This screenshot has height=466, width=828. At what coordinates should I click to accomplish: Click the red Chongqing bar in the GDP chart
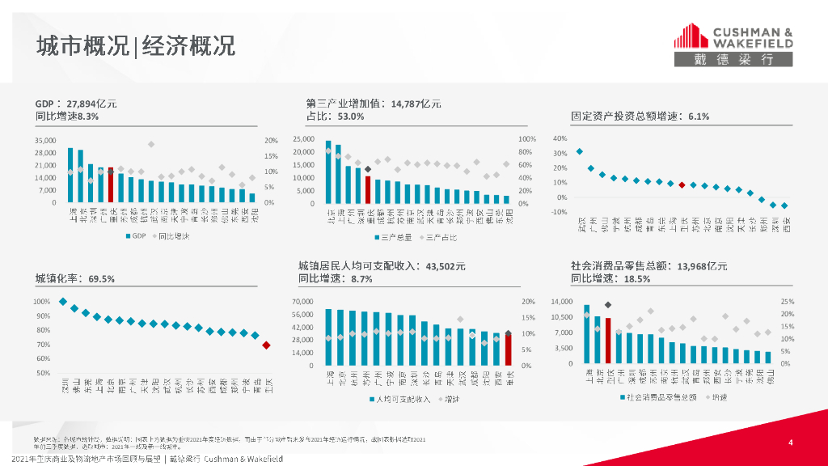[x=111, y=185]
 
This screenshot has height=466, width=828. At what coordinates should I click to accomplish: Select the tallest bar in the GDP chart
[x=70, y=175]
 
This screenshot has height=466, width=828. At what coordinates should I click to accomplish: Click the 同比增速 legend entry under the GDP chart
[x=170, y=237]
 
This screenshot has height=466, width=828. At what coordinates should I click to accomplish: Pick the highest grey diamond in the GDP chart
[x=151, y=144]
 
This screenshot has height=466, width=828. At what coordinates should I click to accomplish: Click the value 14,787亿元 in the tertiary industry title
[x=416, y=104]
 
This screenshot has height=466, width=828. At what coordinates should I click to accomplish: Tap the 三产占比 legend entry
[x=440, y=238]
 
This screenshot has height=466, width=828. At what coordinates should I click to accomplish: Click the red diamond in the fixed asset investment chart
[x=682, y=184]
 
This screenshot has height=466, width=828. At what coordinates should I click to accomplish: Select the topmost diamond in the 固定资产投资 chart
[x=579, y=151]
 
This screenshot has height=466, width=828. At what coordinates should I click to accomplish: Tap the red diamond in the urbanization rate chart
[x=267, y=345]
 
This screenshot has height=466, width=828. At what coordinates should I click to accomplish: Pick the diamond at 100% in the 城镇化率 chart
[x=63, y=302]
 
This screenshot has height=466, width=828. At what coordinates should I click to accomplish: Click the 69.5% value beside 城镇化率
[x=102, y=279]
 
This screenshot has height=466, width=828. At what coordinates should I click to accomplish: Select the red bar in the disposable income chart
[x=509, y=349]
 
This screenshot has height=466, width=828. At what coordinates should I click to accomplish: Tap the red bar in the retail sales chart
[x=608, y=340]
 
